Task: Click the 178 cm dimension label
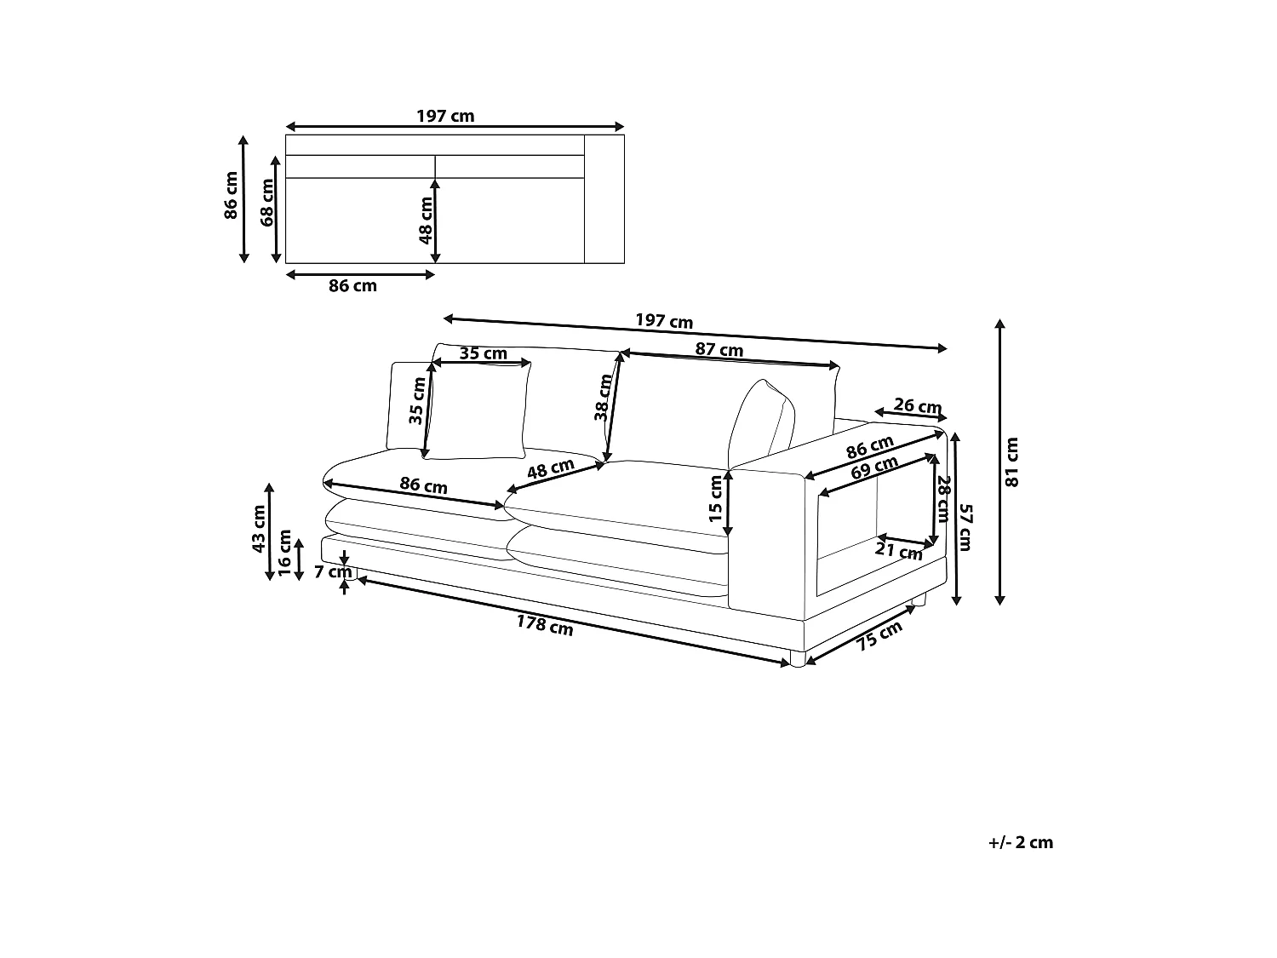pos(545,625)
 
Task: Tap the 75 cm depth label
pos(879,636)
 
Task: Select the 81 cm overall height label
pos(1011,462)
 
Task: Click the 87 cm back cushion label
pos(719,350)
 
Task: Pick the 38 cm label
pos(603,398)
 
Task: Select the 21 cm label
pos(899,552)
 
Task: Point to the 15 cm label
pos(715,499)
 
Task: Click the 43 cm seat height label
pos(260,529)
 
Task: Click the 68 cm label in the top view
pos(267,203)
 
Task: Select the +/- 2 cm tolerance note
pos(1021,842)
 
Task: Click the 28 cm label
pos(942,499)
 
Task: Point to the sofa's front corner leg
pos(796,658)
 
